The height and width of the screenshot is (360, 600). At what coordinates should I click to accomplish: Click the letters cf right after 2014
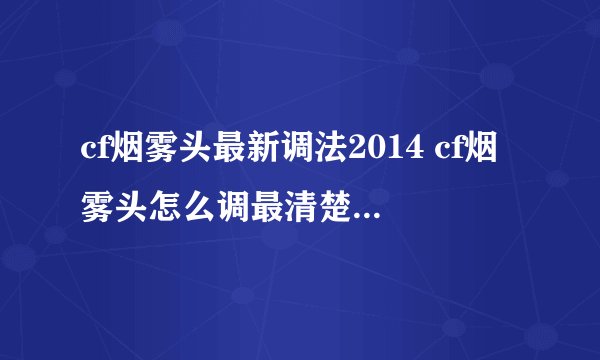click(x=434, y=157)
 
